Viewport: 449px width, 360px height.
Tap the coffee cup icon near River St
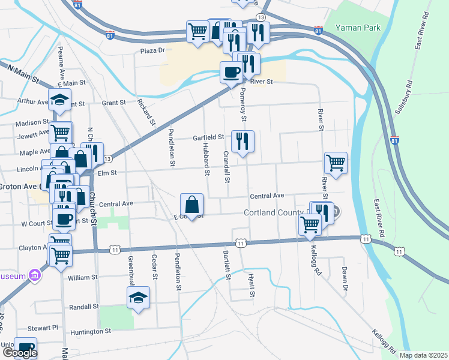tap(232, 73)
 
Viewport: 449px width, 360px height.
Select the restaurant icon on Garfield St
tap(243, 142)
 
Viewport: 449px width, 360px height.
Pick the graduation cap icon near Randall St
tap(138, 298)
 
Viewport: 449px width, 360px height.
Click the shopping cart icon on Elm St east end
tap(336, 163)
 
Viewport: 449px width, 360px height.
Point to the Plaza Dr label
tap(152, 51)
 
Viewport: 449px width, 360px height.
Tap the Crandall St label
tap(226, 166)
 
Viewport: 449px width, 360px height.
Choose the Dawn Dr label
tap(345, 277)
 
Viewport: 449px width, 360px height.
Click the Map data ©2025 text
tap(423, 355)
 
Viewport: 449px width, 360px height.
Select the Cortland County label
tap(274, 213)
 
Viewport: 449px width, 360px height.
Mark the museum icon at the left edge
tap(35, 276)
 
